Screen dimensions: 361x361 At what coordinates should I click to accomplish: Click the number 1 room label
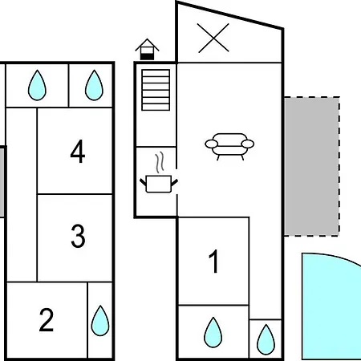[x=213, y=262]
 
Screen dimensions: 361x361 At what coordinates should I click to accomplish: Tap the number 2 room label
[x=47, y=320]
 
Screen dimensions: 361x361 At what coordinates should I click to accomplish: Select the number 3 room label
[x=78, y=236]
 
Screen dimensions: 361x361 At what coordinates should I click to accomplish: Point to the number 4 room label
[x=78, y=151]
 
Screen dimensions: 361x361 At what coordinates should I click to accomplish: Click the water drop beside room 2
[x=100, y=320]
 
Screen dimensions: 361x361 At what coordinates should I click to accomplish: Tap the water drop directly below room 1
[x=213, y=332]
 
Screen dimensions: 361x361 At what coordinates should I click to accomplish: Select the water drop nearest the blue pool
[x=266, y=339]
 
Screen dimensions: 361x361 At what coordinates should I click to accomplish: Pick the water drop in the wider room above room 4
[x=37, y=85]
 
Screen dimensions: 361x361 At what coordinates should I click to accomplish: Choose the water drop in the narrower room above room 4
[x=94, y=85]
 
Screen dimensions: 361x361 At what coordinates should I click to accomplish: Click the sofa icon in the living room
[x=229, y=146]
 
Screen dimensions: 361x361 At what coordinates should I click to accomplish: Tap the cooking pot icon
[x=159, y=184]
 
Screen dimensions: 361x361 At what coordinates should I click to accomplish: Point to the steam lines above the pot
[x=160, y=163]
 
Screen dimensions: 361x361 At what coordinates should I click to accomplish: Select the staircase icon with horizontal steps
[x=156, y=90]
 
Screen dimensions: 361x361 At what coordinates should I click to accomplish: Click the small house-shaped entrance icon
[x=147, y=49]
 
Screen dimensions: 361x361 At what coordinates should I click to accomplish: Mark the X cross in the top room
[x=213, y=38]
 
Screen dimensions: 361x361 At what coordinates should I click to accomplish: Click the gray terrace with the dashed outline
[x=312, y=167]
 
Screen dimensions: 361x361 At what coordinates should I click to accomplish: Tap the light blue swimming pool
[x=331, y=306]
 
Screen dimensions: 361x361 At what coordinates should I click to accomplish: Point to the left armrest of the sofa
[x=212, y=144]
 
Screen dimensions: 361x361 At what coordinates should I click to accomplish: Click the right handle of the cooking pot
[x=174, y=183]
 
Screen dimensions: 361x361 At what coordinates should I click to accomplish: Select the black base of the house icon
[x=147, y=57]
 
